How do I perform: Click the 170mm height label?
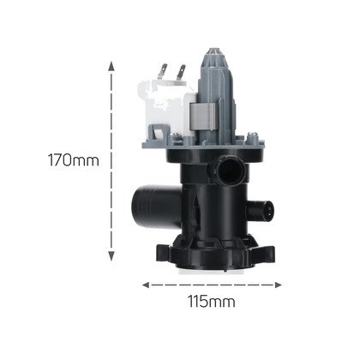tap(73, 160)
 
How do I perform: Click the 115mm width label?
tap(212, 302)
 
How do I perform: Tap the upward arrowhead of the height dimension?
tap(111, 65)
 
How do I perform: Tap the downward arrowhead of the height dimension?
tap(111, 256)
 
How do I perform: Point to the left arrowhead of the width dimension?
tap(147, 285)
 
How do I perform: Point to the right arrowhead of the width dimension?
tap(278, 285)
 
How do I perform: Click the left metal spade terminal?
tap(162, 71)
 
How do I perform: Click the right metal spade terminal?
tap(181, 73)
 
